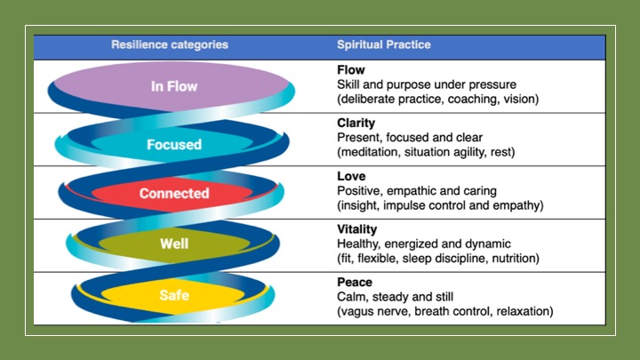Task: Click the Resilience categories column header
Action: point(169,44)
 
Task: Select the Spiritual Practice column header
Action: point(383,44)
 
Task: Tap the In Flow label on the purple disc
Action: point(173,87)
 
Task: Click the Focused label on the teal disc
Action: point(173,144)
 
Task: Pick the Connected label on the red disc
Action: point(174,193)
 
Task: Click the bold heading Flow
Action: point(351,68)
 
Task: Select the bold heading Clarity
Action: point(356,124)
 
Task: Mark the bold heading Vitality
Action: point(358,228)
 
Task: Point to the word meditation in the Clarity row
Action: point(372,152)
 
